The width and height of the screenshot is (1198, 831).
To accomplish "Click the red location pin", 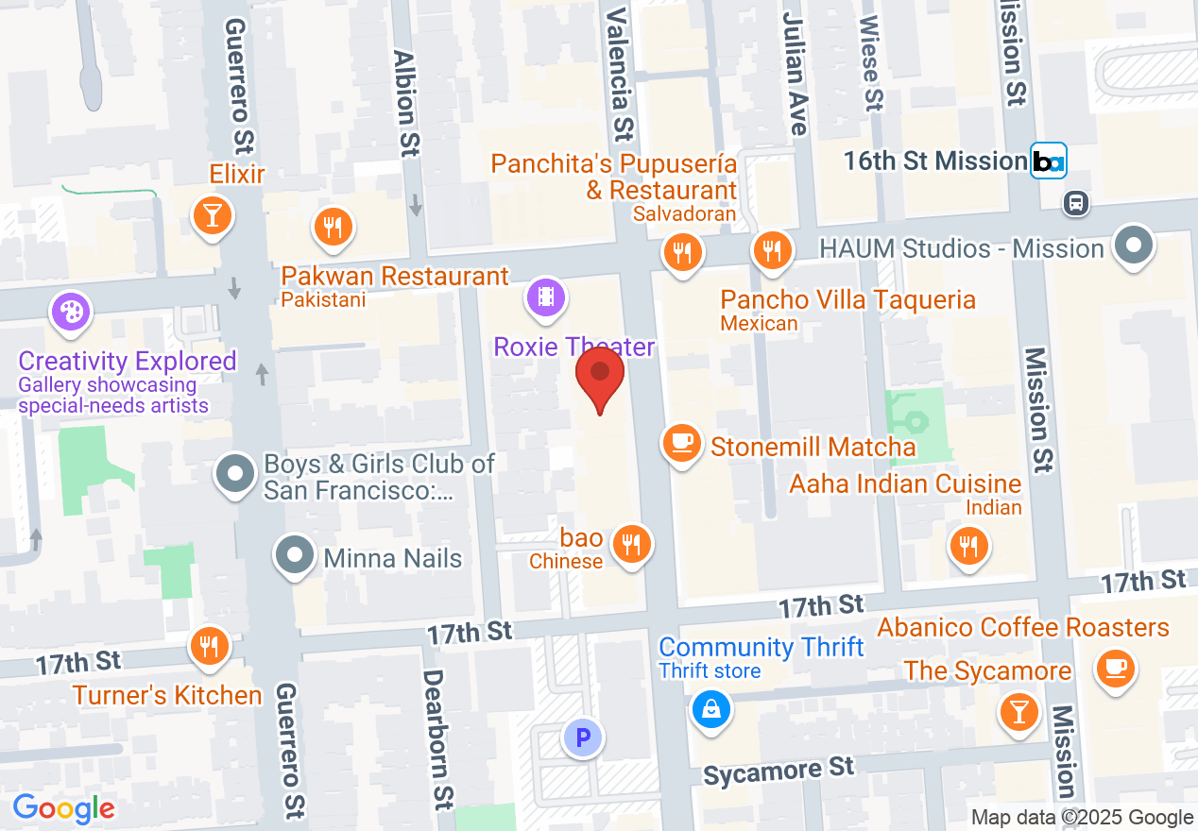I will (x=600, y=375).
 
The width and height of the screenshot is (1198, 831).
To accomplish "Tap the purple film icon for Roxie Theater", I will (x=546, y=297).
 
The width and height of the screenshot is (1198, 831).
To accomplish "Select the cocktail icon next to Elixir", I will (x=213, y=215).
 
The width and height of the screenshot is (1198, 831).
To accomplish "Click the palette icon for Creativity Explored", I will (x=72, y=312).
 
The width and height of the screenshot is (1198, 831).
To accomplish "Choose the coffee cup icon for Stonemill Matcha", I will (x=682, y=442).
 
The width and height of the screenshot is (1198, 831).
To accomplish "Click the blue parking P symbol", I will (x=582, y=737).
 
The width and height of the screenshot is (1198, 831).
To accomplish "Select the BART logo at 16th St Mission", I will (x=1048, y=161).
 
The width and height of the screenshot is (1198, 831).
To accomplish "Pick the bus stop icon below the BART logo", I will (x=1075, y=202).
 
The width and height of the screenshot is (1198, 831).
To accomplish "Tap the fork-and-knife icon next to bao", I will (x=631, y=543).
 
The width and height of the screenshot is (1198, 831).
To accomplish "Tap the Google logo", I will (x=63, y=808).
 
